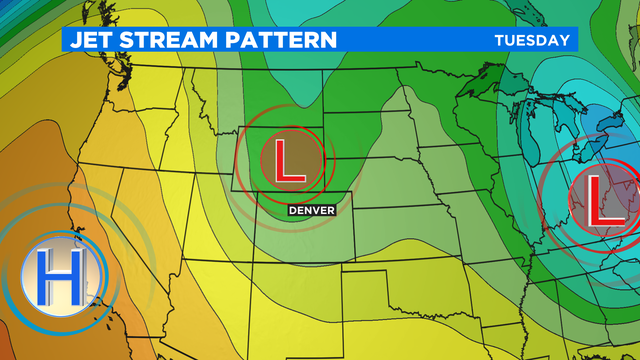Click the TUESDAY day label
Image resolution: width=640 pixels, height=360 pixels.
point(533,40)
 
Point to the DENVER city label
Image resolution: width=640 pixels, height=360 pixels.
point(310,210)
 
